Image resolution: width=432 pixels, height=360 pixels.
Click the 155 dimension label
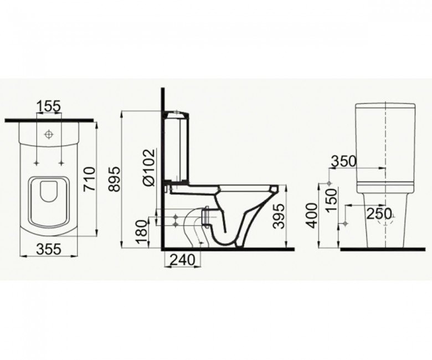coord(49,106)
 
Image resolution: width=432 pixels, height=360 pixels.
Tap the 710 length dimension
coord(89,179)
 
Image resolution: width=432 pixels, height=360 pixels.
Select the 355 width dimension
coord(49,250)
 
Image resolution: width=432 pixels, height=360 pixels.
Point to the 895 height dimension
coord(114,179)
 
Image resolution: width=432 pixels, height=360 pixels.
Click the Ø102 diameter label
coord(149,168)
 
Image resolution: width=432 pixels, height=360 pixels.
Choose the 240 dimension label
coord(183,259)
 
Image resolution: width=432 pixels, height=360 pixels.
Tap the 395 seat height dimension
coord(279,217)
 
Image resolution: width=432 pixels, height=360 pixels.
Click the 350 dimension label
coord(343,161)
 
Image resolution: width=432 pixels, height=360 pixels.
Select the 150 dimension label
coord(332,200)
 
